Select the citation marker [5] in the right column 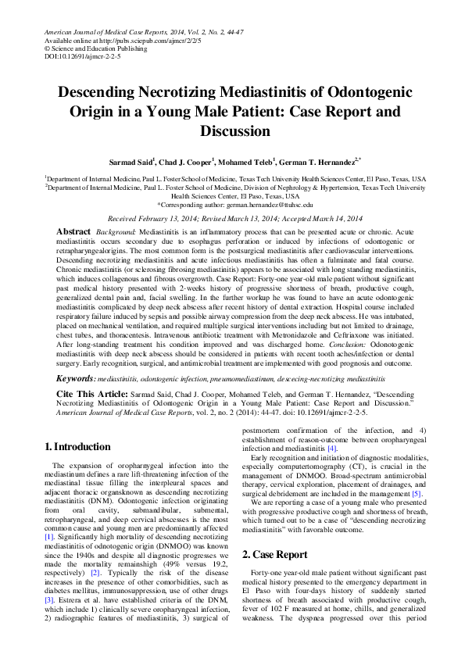point(417,495)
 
